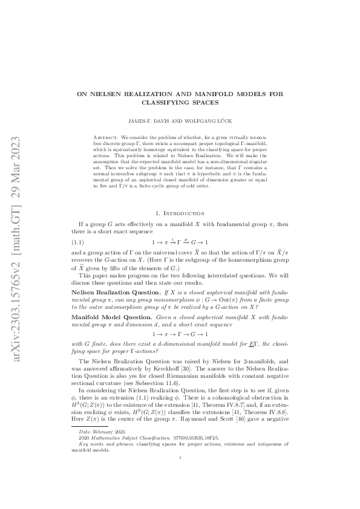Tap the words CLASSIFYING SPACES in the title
pos(180,103)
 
